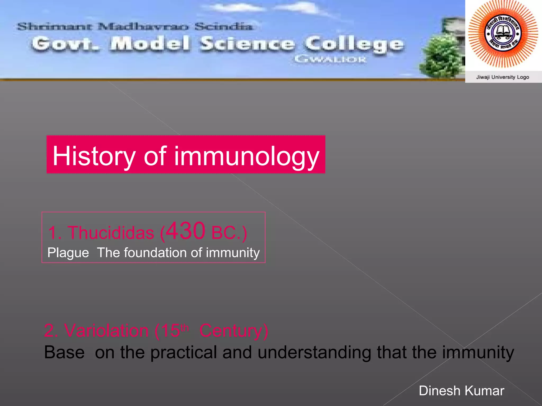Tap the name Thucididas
(111, 233)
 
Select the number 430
(186, 231)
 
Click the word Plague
(68, 253)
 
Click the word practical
(184, 352)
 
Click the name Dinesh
(440, 391)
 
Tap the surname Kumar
(484, 391)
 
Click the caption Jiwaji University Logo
(503, 77)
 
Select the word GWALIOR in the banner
(330, 59)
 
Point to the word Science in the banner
(247, 44)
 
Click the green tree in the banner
(441, 57)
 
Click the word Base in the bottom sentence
(64, 352)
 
